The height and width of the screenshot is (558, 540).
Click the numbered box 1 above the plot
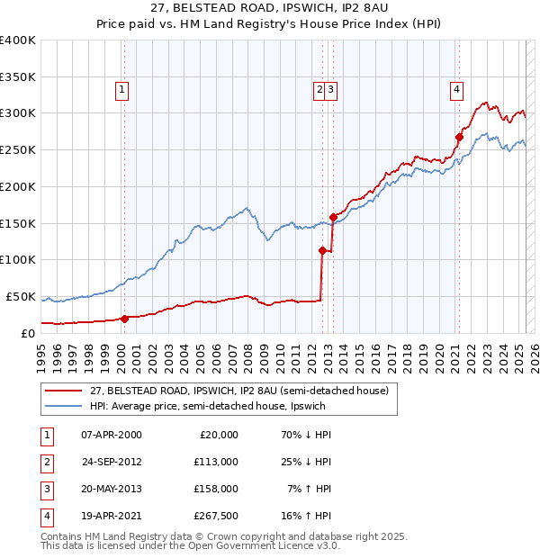(x=121, y=89)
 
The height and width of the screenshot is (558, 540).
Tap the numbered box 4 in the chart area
(x=457, y=89)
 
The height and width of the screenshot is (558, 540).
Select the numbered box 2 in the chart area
(x=319, y=89)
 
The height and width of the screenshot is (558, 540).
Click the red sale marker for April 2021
(x=459, y=138)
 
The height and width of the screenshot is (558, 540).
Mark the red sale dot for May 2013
(x=333, y=217)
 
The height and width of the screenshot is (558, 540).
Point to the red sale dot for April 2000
(x=125, y=318)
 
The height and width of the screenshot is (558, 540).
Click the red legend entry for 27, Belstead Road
(x=238, y=391)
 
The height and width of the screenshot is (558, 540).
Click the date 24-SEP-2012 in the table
(x=111, y=461)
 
